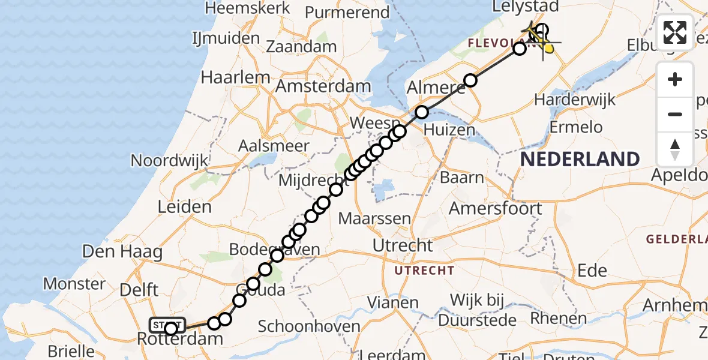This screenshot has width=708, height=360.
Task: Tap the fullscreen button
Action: click(675, 32)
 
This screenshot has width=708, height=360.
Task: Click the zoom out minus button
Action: click(675, 114)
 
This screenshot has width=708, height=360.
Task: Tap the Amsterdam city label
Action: click(323, 86)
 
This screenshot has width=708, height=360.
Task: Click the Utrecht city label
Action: click(403, 245)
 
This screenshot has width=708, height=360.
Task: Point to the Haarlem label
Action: click(235, 77)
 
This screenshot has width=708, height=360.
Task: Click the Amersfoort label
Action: click(496, 208)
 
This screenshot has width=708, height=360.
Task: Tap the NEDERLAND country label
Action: click(580, 159)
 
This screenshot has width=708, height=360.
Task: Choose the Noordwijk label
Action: click(169, 161)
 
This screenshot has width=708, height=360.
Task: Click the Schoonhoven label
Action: click(309, 326)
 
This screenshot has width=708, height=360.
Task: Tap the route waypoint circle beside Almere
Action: click(470, 80)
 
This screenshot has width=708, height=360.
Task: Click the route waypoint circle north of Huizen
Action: click(422, 112)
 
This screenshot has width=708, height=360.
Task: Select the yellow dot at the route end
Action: click(548, 47)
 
